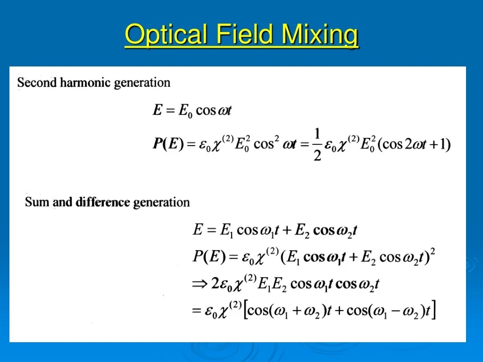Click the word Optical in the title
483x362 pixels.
[166, 34]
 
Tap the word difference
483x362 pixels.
[103, 202]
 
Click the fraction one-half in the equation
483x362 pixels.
[317, 144]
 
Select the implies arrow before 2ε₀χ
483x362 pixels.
[200, 284]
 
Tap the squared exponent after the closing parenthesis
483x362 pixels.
[433, 252]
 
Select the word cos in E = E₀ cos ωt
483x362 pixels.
[206, 110]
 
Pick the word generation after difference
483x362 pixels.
[161, 203]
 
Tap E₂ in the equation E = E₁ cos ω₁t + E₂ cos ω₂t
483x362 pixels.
[301, 230]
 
